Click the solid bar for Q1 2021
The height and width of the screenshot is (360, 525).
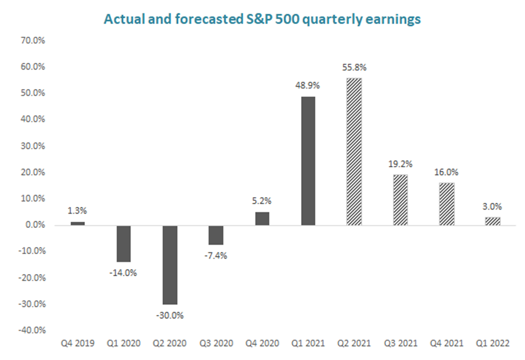pyautogui.click(x=308, y=161)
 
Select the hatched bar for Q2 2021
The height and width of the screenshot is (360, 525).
pyautogui.click(x=354, y=151)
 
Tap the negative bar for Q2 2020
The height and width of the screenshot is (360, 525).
pyautogui.click(x=169, y=265)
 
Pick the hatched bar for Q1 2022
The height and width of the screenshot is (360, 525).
pyautogui.click(x=492, y=221)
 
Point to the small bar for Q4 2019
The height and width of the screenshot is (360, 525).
pyautogui.click(x=77, y=224)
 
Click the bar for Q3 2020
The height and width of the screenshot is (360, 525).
pyautogui.click(x=216, y=235)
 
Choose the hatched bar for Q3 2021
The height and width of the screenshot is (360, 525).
pyautogui.click(x=400, y=200)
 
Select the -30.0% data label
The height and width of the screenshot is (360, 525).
pyautogui.click(x=169, y=315)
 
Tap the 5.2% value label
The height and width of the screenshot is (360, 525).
pyautogui.click(x=262, y=201)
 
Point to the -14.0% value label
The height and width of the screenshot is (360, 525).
pyautogui.click(x=123, y=273)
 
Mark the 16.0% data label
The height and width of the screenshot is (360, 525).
pyautogui.click(x=446, y=172)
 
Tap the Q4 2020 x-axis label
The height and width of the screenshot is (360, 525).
pyautogui.click(x=262, y=344)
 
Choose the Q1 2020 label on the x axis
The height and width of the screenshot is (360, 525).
pyautogui.click(x=123, y=344)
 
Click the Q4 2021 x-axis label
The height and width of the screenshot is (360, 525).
pyautogui.click(x=446, y=344)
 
